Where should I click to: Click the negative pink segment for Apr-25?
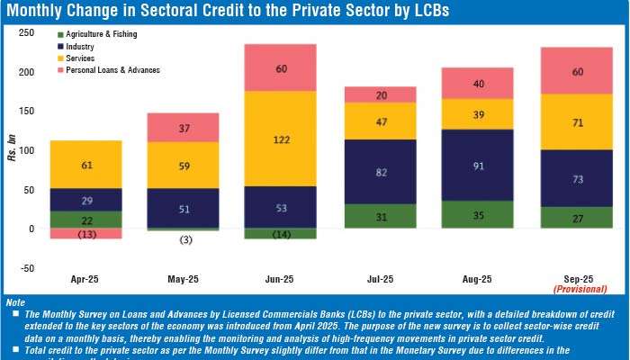pyautogui.click(x=85, y=234)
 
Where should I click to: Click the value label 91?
pyautogui.click(x=478, y=166)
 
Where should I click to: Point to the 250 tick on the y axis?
pyautogui.click(x=27, y=32)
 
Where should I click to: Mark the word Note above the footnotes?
pyautogui.click(x=16, y=301)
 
